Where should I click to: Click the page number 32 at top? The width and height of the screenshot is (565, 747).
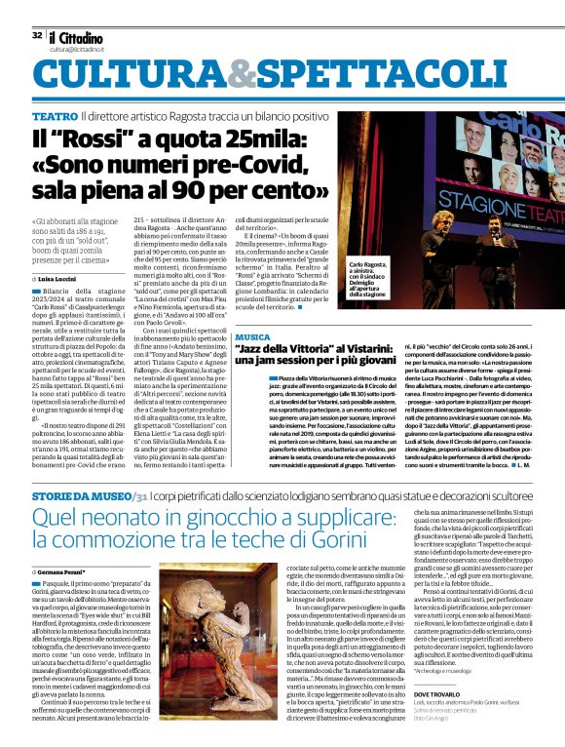(x=37, y=35)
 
